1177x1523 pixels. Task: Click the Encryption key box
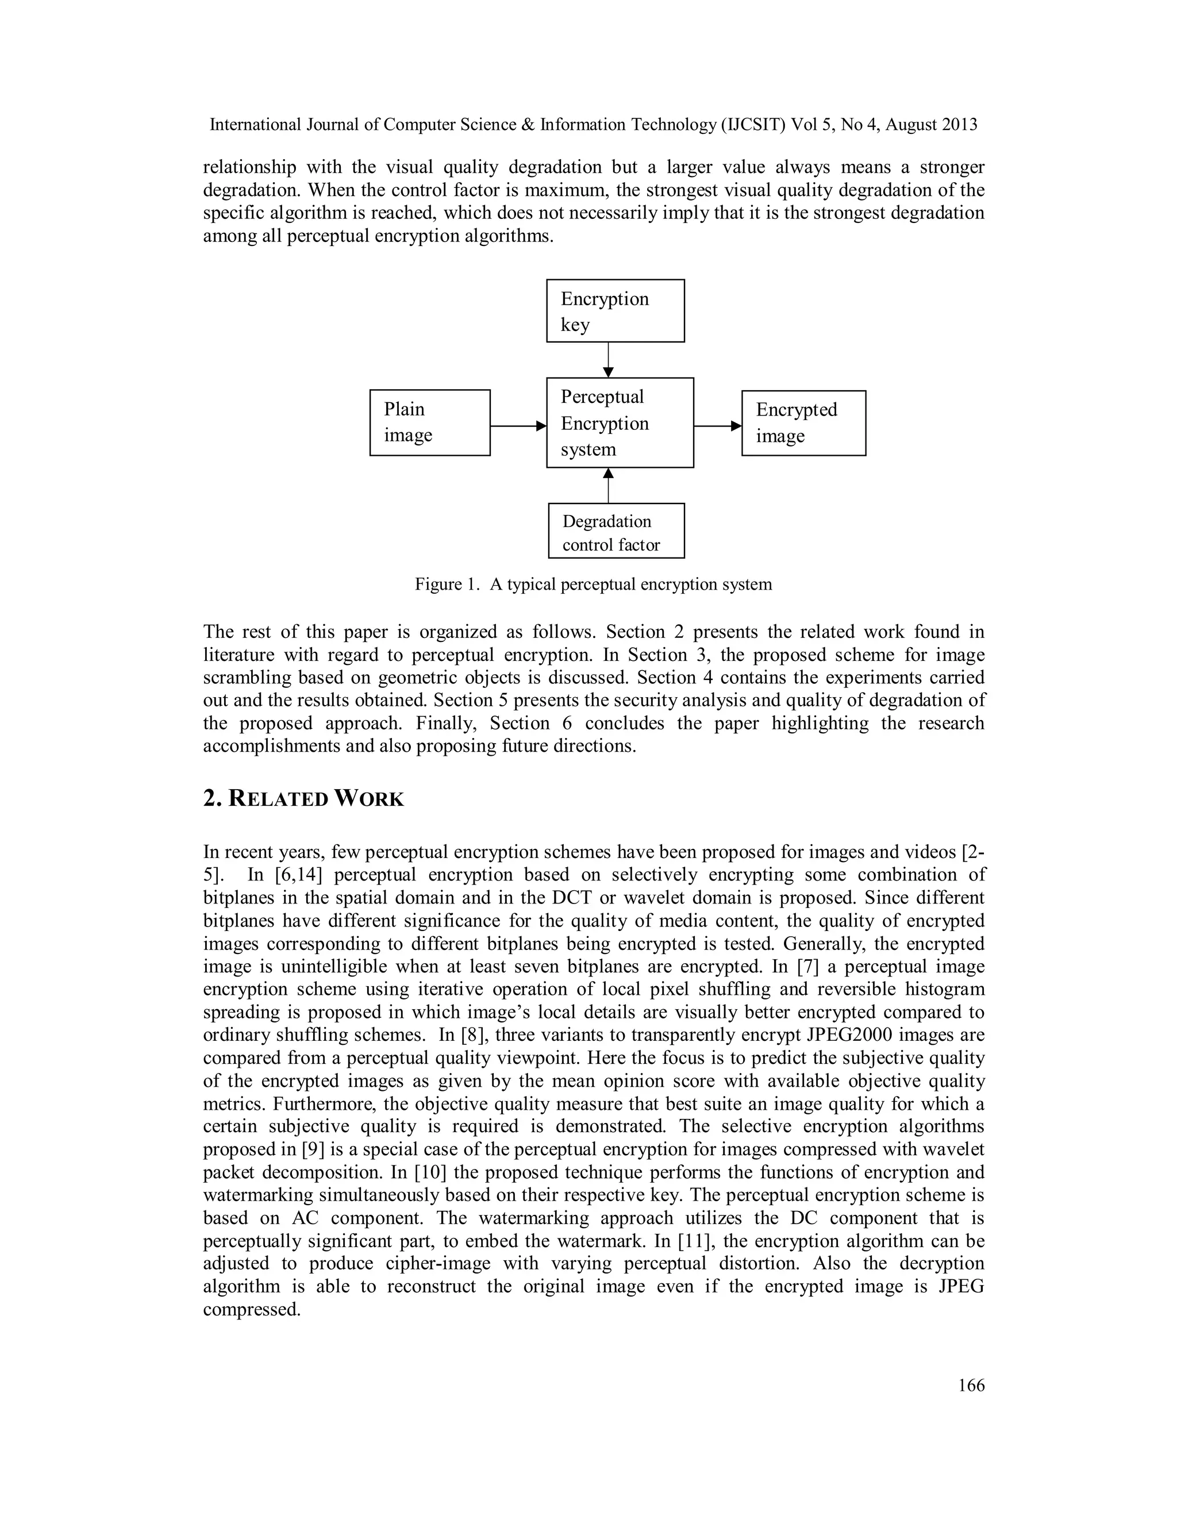click(x=615, y=311)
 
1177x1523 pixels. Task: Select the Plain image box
click(x=429, y=422)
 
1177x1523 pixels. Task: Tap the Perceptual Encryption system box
click(x=619, y=422)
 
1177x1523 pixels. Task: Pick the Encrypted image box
click(x=803, y=424)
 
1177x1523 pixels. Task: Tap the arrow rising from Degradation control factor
click(x=609, y=486)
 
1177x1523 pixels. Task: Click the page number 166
click(x=971, y=1386)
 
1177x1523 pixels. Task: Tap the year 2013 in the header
click(x=959, y=125)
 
